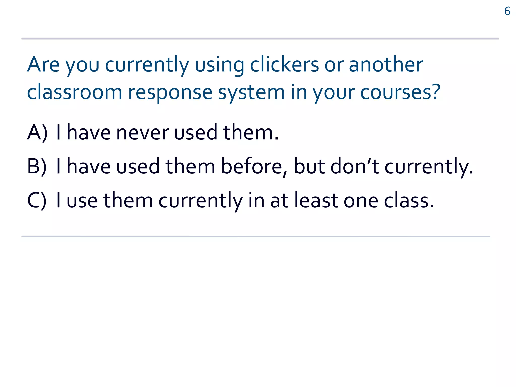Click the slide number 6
point(507,11)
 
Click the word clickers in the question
point(284,64)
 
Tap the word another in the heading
point(386,64)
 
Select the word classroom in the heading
point(75,92)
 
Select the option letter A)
point(37,133)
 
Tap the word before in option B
point(252,166)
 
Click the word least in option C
point(316,200)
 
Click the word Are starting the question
point(43,64)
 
